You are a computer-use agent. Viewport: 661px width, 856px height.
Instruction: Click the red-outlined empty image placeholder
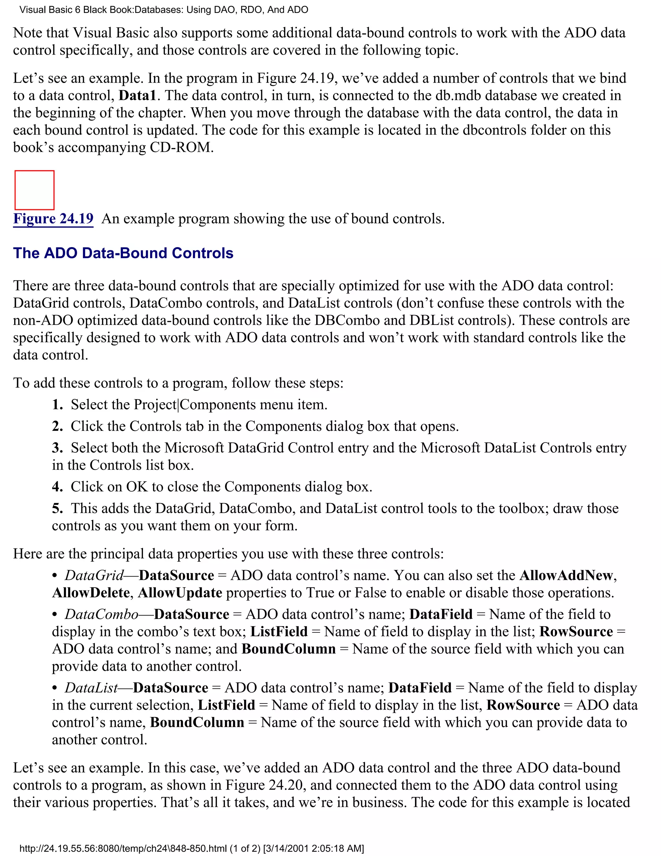(x=35, y=190)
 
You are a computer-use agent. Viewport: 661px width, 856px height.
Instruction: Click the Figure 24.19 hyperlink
(x=53, y=219)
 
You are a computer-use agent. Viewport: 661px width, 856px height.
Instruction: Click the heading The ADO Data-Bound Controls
(x=123, y=253)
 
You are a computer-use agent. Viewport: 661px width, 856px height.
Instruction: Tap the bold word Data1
(x=137, y=96)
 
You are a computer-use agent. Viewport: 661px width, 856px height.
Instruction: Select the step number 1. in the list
(x=57, y=404)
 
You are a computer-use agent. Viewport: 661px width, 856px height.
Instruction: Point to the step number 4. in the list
(x=57, y=487)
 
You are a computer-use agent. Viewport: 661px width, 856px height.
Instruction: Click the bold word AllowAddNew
(x=566, y=575)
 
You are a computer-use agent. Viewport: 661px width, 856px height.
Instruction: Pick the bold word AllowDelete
(x=91, y=593)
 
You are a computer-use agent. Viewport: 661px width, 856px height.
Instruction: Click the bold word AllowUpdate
(x=180, y=593)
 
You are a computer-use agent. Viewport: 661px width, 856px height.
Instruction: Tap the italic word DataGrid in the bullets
(x=94, y=575)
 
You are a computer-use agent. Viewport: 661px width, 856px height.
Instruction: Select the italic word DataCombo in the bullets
(x=101, y=614)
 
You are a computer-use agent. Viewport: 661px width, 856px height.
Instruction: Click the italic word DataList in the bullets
(x=91, y=688)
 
